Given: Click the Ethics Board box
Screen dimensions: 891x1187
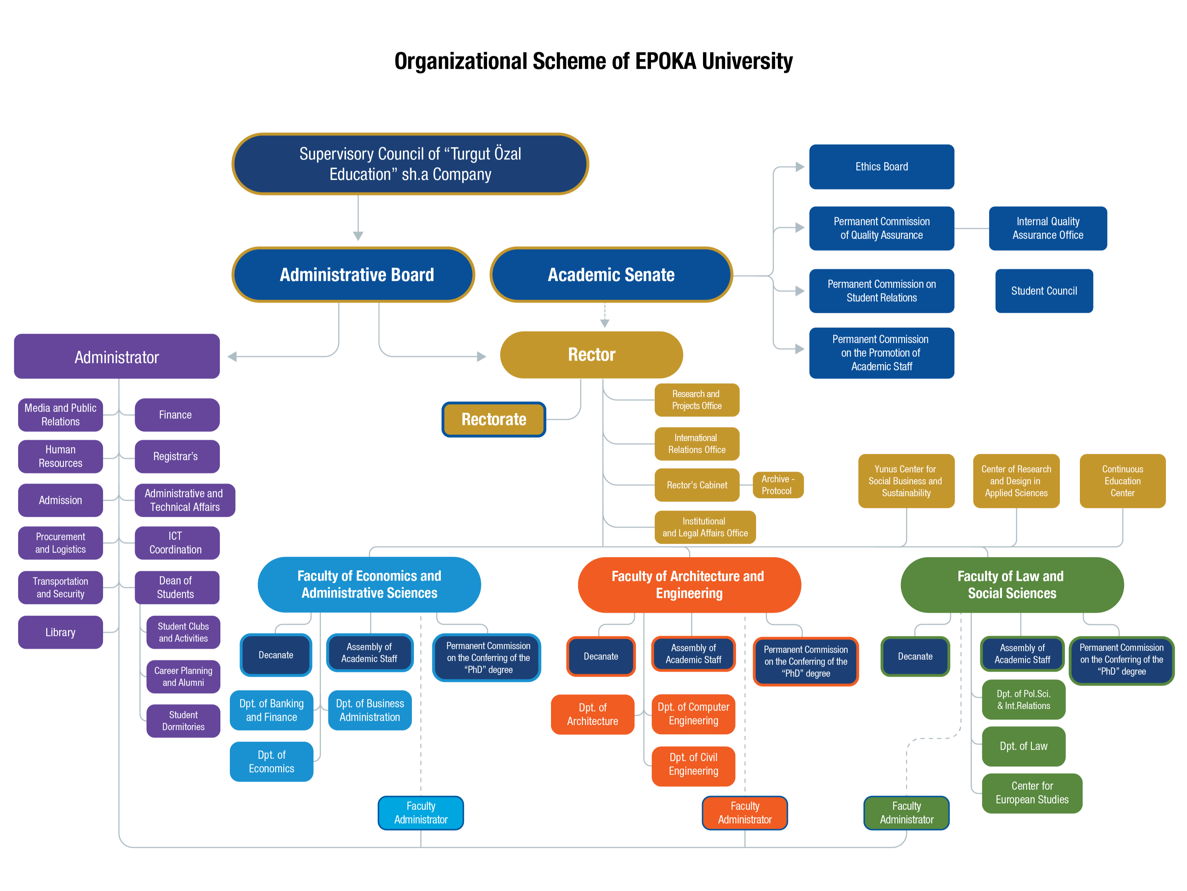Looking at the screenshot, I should (881, 166).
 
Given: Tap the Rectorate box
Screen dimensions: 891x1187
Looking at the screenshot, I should (494, 419).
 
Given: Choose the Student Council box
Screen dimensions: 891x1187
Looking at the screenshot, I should (1044, 290).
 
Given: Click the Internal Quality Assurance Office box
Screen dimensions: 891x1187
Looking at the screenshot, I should (1048, 228).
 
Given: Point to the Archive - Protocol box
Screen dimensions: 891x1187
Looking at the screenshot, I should (778, 485).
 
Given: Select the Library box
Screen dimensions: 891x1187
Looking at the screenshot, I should (60, 632).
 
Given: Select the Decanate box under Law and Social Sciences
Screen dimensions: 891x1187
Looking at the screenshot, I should (915, 656).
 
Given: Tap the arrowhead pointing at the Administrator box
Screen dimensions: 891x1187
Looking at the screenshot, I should (232, 356).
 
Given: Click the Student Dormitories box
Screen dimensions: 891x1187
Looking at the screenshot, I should (183, 721).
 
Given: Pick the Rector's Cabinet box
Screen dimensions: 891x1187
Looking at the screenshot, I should (697, 485).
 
